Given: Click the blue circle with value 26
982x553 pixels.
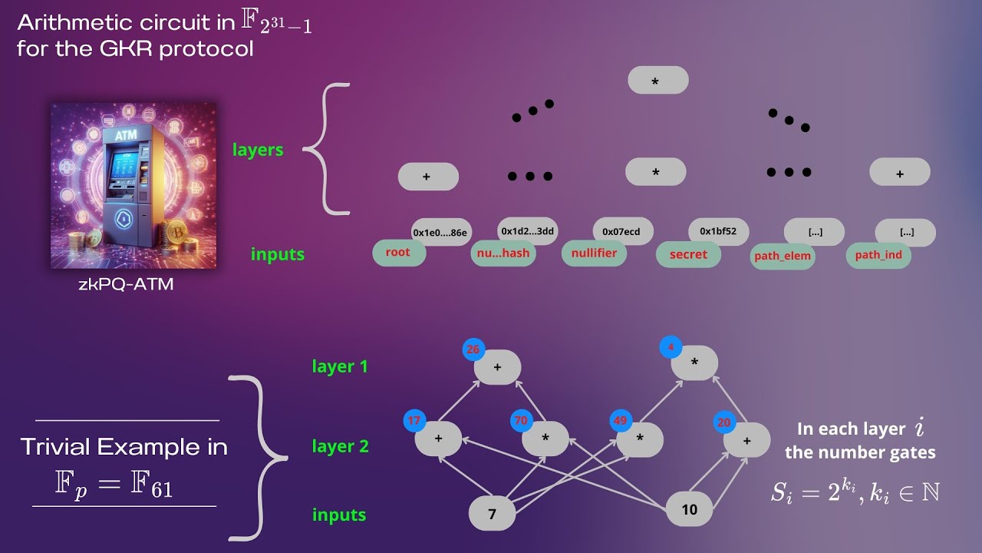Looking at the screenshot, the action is pos(473,349).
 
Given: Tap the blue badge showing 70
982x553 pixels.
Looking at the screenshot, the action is pos(521,420).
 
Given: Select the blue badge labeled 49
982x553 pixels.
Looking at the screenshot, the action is pos(621,421).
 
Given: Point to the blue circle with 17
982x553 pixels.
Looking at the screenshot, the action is pos(414,420).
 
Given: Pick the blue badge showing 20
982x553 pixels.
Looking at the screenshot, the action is pos(724,422).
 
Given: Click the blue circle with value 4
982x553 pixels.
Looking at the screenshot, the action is pos(671,347).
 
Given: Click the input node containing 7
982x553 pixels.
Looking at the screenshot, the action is pos(492,514).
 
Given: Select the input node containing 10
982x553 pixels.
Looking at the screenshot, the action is pos(689,509).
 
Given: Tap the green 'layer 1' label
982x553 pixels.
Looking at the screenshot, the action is pos(340,366).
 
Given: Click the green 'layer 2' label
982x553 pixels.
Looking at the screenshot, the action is pos(340,446).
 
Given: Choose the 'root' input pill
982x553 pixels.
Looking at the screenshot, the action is pos(399,253).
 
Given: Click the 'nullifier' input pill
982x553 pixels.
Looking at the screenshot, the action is pos(594,253).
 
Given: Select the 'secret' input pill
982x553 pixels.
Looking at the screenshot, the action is pos(688,254).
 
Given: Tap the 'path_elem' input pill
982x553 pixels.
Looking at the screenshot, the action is pos(783,256).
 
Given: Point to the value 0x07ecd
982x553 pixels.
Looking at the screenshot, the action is pos(623,231).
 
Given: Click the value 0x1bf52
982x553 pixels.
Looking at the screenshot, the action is pos(719,231).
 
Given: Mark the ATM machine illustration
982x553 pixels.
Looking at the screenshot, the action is pos(133,186).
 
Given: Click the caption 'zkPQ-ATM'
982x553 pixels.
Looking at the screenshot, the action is pos(127,284).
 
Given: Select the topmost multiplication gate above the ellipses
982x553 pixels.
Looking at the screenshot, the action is pos(658,81).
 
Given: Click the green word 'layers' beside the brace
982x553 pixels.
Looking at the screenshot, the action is pos(258,150).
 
